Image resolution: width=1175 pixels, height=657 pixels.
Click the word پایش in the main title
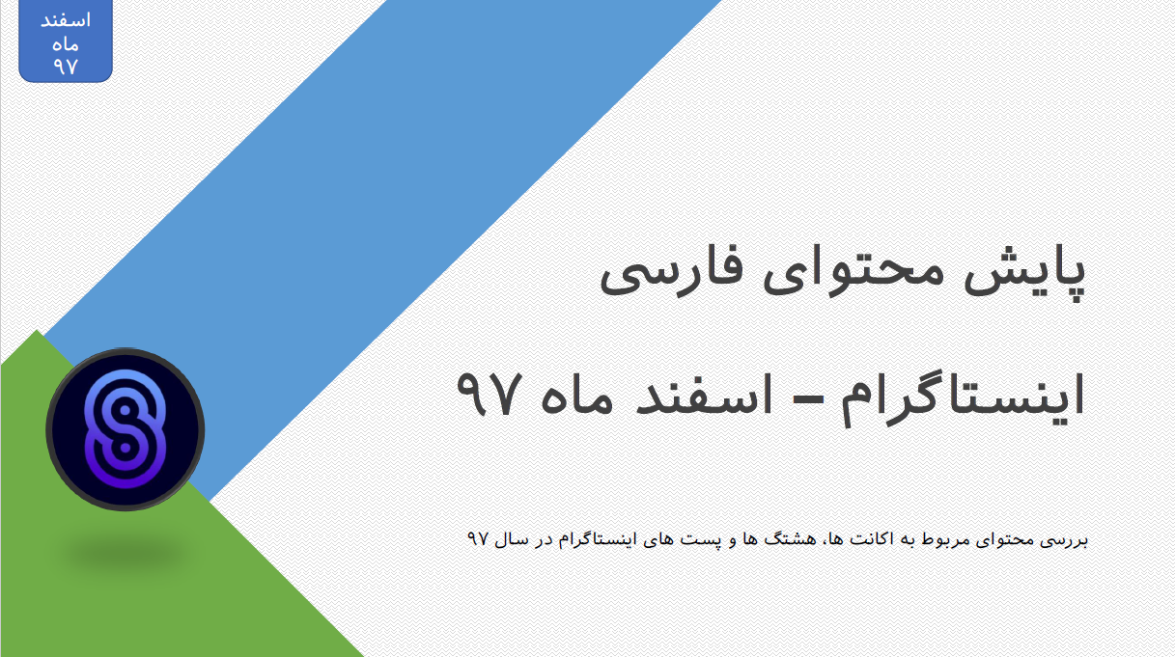pos(1025,274)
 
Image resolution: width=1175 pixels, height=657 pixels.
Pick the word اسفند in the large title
pos(704,395)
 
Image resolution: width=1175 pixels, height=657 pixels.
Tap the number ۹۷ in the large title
pos(489,395)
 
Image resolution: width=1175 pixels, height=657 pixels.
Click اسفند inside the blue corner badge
pos(66,20)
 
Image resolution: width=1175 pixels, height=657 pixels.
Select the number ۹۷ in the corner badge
pos(66,66)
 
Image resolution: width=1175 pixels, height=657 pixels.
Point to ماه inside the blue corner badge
pos(66,44)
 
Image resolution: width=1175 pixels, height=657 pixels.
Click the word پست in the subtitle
pos(693,540)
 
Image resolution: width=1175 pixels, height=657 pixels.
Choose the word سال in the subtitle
pos(512,539)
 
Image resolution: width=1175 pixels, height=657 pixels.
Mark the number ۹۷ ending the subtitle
pos(478,539)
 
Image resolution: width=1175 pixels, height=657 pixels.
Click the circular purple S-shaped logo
pos(125,429)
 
